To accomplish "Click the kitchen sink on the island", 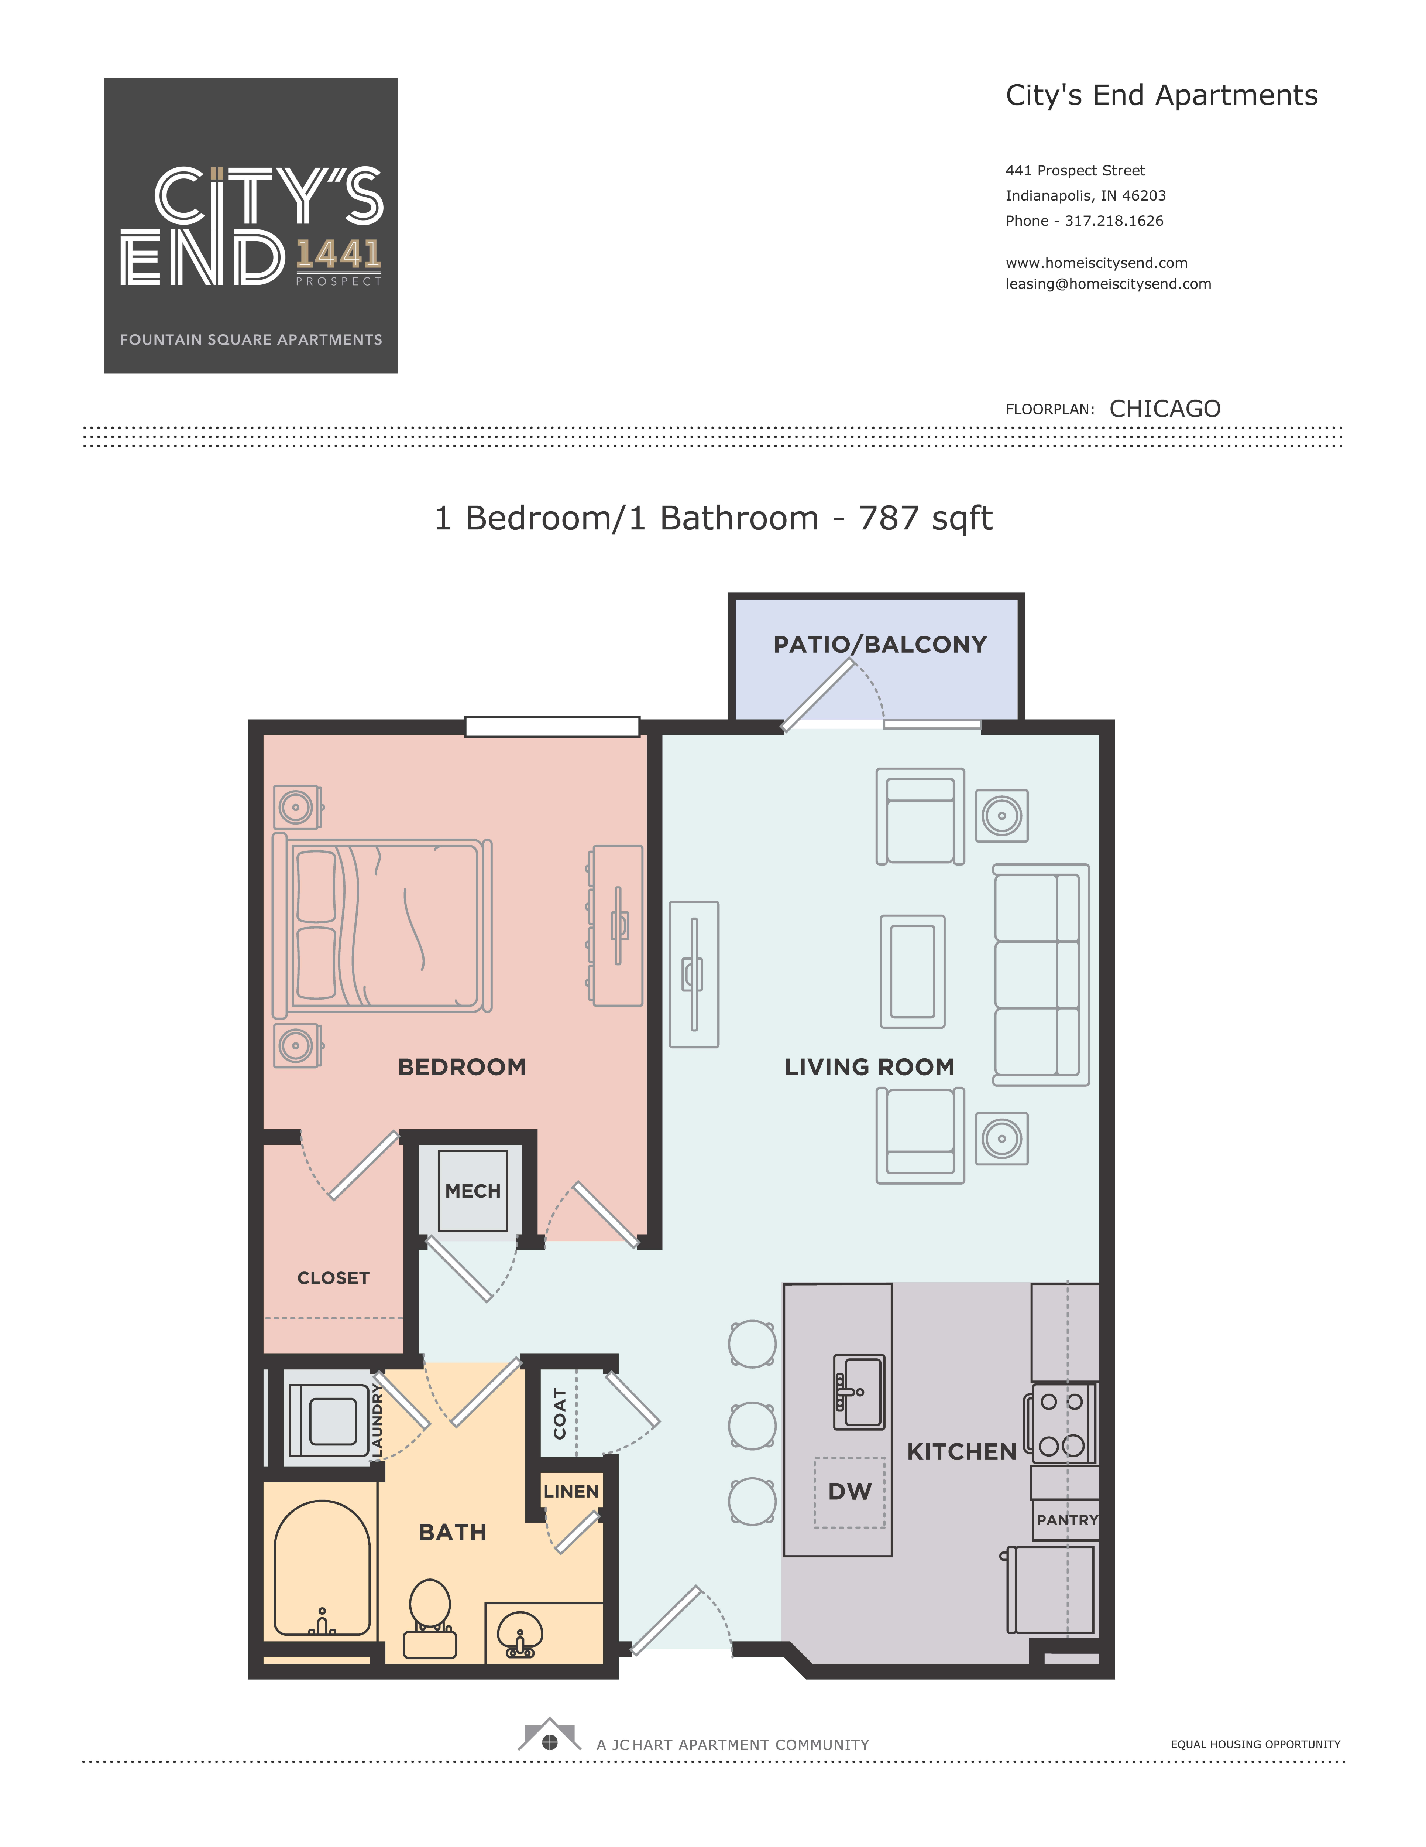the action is tap(859, 1392).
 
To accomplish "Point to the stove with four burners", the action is tap(1061, 1424).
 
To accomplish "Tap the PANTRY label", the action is tap(1067, 1520).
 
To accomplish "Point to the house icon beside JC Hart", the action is tap(549, 1735).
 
